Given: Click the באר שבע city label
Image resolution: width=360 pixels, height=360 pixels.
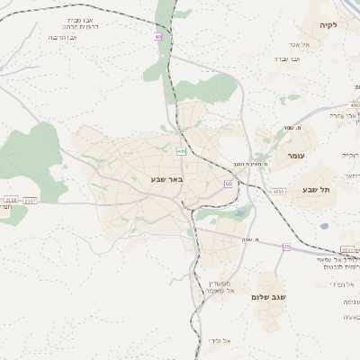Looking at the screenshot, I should click(x=166, y=179).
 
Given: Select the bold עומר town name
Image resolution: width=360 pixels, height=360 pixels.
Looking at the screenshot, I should click(x=296, y=157).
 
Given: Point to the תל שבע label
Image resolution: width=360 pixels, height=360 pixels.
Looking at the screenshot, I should click(x=317, y=189).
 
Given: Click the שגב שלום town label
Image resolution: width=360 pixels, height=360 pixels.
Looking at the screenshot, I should click(x=269, y=296).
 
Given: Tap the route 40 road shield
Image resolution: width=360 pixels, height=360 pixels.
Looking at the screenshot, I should click(x=158, y=37).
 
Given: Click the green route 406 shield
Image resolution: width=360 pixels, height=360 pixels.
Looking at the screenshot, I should click(x=181, y=150).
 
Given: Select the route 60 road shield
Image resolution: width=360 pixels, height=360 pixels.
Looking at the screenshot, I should click(x=229, y=184).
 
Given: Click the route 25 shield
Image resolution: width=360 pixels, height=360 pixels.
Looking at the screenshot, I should click(x=287, y=247).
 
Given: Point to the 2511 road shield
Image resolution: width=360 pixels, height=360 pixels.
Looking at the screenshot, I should click(x=348, y=250).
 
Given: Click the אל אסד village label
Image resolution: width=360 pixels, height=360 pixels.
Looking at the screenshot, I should click(x=300, y=43).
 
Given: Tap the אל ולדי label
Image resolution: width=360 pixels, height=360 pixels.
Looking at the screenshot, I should click(x=220, y=340).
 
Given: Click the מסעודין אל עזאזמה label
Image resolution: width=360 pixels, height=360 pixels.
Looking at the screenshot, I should click(x=219, y=286).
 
